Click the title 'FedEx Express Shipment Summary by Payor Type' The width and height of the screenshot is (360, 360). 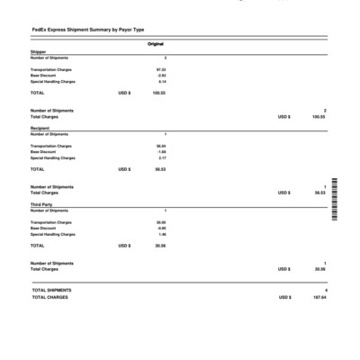point(87,31)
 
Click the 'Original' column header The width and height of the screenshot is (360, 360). point(155,44)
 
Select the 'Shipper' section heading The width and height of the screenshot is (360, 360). point(39,52)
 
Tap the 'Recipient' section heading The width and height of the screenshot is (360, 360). point(40,129)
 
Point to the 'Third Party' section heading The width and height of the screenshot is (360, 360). point(42,204)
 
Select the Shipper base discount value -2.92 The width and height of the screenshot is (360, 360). point(161,76)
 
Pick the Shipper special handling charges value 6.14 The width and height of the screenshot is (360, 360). point(162,82)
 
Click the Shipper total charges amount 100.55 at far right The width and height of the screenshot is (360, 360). point(318,116)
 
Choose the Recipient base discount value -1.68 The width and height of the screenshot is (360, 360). point(161,152)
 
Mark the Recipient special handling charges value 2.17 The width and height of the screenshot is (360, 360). point(162,158)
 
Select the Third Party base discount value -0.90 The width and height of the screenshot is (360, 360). point(161,229)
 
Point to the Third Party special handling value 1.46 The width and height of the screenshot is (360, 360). point(162,235)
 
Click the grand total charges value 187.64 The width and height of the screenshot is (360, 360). point(318,297)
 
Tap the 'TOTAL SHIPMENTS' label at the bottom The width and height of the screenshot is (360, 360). point(51,290)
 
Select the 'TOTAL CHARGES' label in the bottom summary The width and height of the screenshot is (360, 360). point(49,297)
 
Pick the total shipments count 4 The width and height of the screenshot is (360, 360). point(325,290)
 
